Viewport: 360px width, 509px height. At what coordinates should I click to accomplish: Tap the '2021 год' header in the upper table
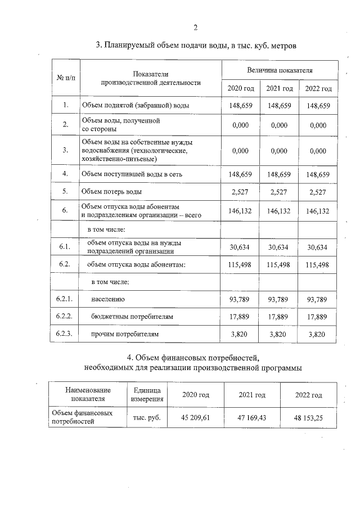coord(280,89)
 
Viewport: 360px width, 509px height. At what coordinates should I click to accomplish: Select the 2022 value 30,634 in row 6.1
coord(318,247)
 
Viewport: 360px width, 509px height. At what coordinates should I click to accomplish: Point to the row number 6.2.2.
coord(65,317)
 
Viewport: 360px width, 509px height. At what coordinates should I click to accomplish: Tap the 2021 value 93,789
coord(280,299)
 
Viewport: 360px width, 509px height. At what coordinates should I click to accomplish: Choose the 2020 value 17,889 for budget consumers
coord(240,317)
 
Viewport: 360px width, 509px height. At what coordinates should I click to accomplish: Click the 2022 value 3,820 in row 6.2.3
coord(318,334)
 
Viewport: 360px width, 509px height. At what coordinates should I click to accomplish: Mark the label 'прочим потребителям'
coord(125,334)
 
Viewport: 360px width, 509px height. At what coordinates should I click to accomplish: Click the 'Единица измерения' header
coord(147,395)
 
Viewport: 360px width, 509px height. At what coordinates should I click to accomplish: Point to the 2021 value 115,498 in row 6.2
coord(280,264)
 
